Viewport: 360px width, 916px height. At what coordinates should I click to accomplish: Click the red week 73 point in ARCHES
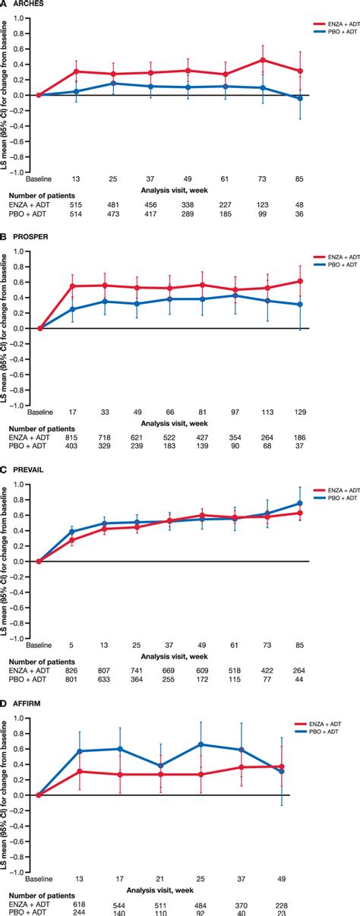(x=263, y=59)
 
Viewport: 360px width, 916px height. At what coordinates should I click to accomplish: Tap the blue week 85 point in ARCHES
(x=300, y=98)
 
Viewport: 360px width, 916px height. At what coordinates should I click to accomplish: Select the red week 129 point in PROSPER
(x=300, y=281)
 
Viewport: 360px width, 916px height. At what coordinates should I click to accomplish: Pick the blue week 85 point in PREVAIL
(x=300, y=503)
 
